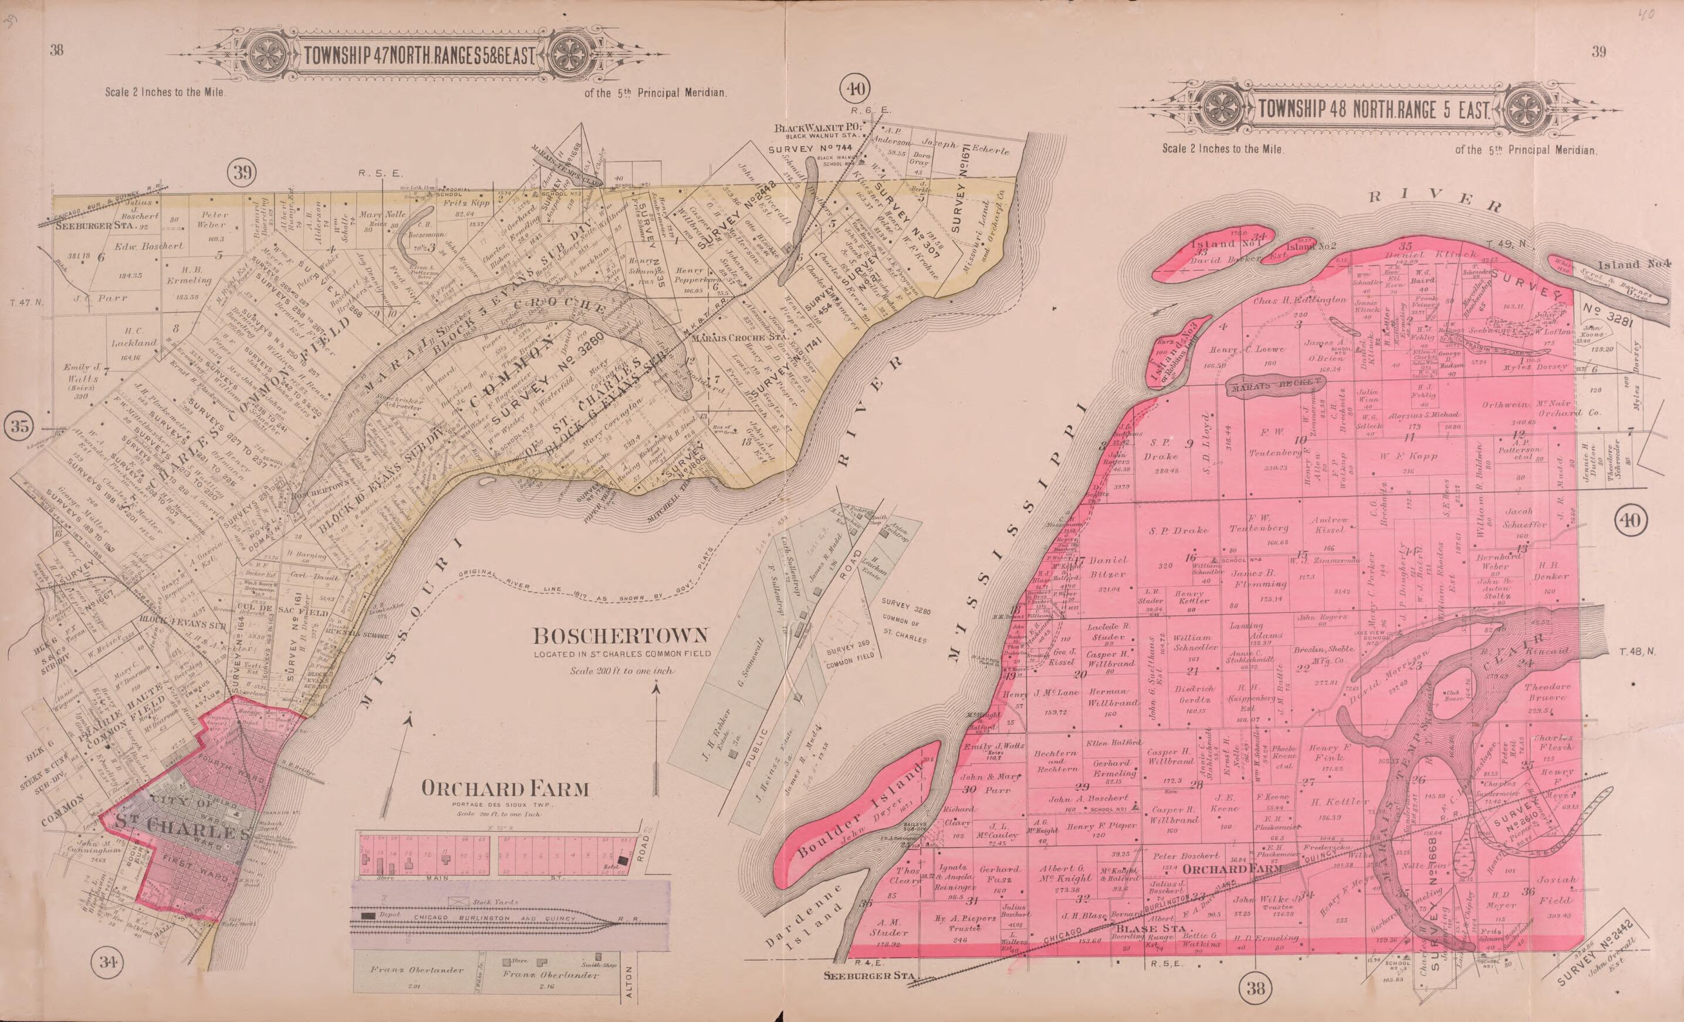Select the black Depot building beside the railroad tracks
coord(368,915)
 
